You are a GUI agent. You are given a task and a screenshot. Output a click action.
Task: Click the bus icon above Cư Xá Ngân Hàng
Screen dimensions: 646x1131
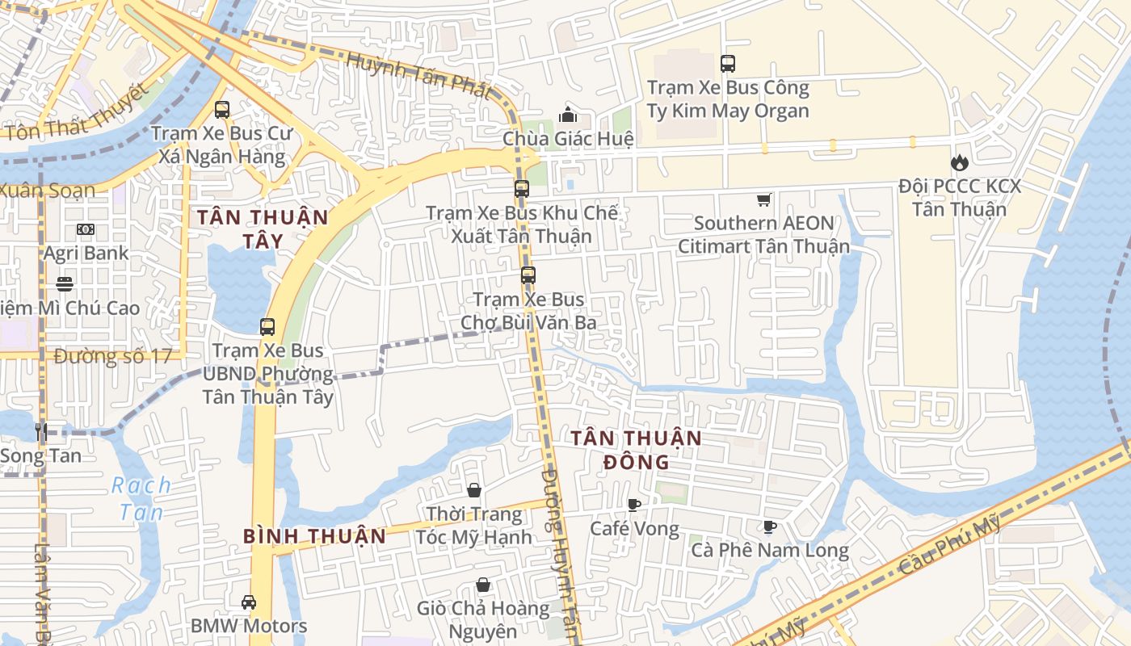point(222,110)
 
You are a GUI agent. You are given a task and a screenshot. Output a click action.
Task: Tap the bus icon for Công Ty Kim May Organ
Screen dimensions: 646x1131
point(728,63)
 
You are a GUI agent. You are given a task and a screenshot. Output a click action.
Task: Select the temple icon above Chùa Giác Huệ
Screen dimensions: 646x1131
point(568,115)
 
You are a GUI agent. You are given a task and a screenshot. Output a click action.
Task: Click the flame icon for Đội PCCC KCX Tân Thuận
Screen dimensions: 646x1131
point(959,162)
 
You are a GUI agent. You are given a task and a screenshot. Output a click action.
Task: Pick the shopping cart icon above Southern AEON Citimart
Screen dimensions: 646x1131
point(763,199)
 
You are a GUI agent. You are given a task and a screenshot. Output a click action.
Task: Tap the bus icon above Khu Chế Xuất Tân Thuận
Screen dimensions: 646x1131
point(522,189)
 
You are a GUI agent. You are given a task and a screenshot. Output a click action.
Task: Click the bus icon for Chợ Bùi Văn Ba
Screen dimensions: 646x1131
point(528,275)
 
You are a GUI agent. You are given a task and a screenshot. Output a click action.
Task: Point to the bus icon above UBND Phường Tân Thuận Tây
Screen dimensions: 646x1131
point(267,327)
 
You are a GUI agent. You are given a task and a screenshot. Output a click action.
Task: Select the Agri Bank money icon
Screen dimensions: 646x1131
point(86,229)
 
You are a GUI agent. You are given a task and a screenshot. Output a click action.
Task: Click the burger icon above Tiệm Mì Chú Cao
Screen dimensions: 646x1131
point(65,284)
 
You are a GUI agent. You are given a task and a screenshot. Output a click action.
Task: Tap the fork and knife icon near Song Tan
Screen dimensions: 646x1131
point(41,432)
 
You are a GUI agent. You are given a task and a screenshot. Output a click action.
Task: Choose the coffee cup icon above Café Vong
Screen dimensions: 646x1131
point(634,505)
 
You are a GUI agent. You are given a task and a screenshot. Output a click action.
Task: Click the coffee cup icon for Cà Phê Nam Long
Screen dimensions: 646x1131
point(770,527)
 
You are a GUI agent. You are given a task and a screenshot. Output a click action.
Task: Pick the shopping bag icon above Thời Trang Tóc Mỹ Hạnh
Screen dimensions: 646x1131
point(474,490)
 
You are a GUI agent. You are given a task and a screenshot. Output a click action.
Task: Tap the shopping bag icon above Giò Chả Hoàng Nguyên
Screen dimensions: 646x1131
point(483,585)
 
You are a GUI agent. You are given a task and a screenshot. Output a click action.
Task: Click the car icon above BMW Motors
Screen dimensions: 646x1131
point(249,602)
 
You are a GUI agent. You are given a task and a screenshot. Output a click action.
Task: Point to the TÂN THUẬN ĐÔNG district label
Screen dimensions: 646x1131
point(637,450)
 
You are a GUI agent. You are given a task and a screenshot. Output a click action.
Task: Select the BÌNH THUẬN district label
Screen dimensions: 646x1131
point(314,535)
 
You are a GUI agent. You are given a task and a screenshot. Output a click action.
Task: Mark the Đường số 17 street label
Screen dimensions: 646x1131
point(113,356)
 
